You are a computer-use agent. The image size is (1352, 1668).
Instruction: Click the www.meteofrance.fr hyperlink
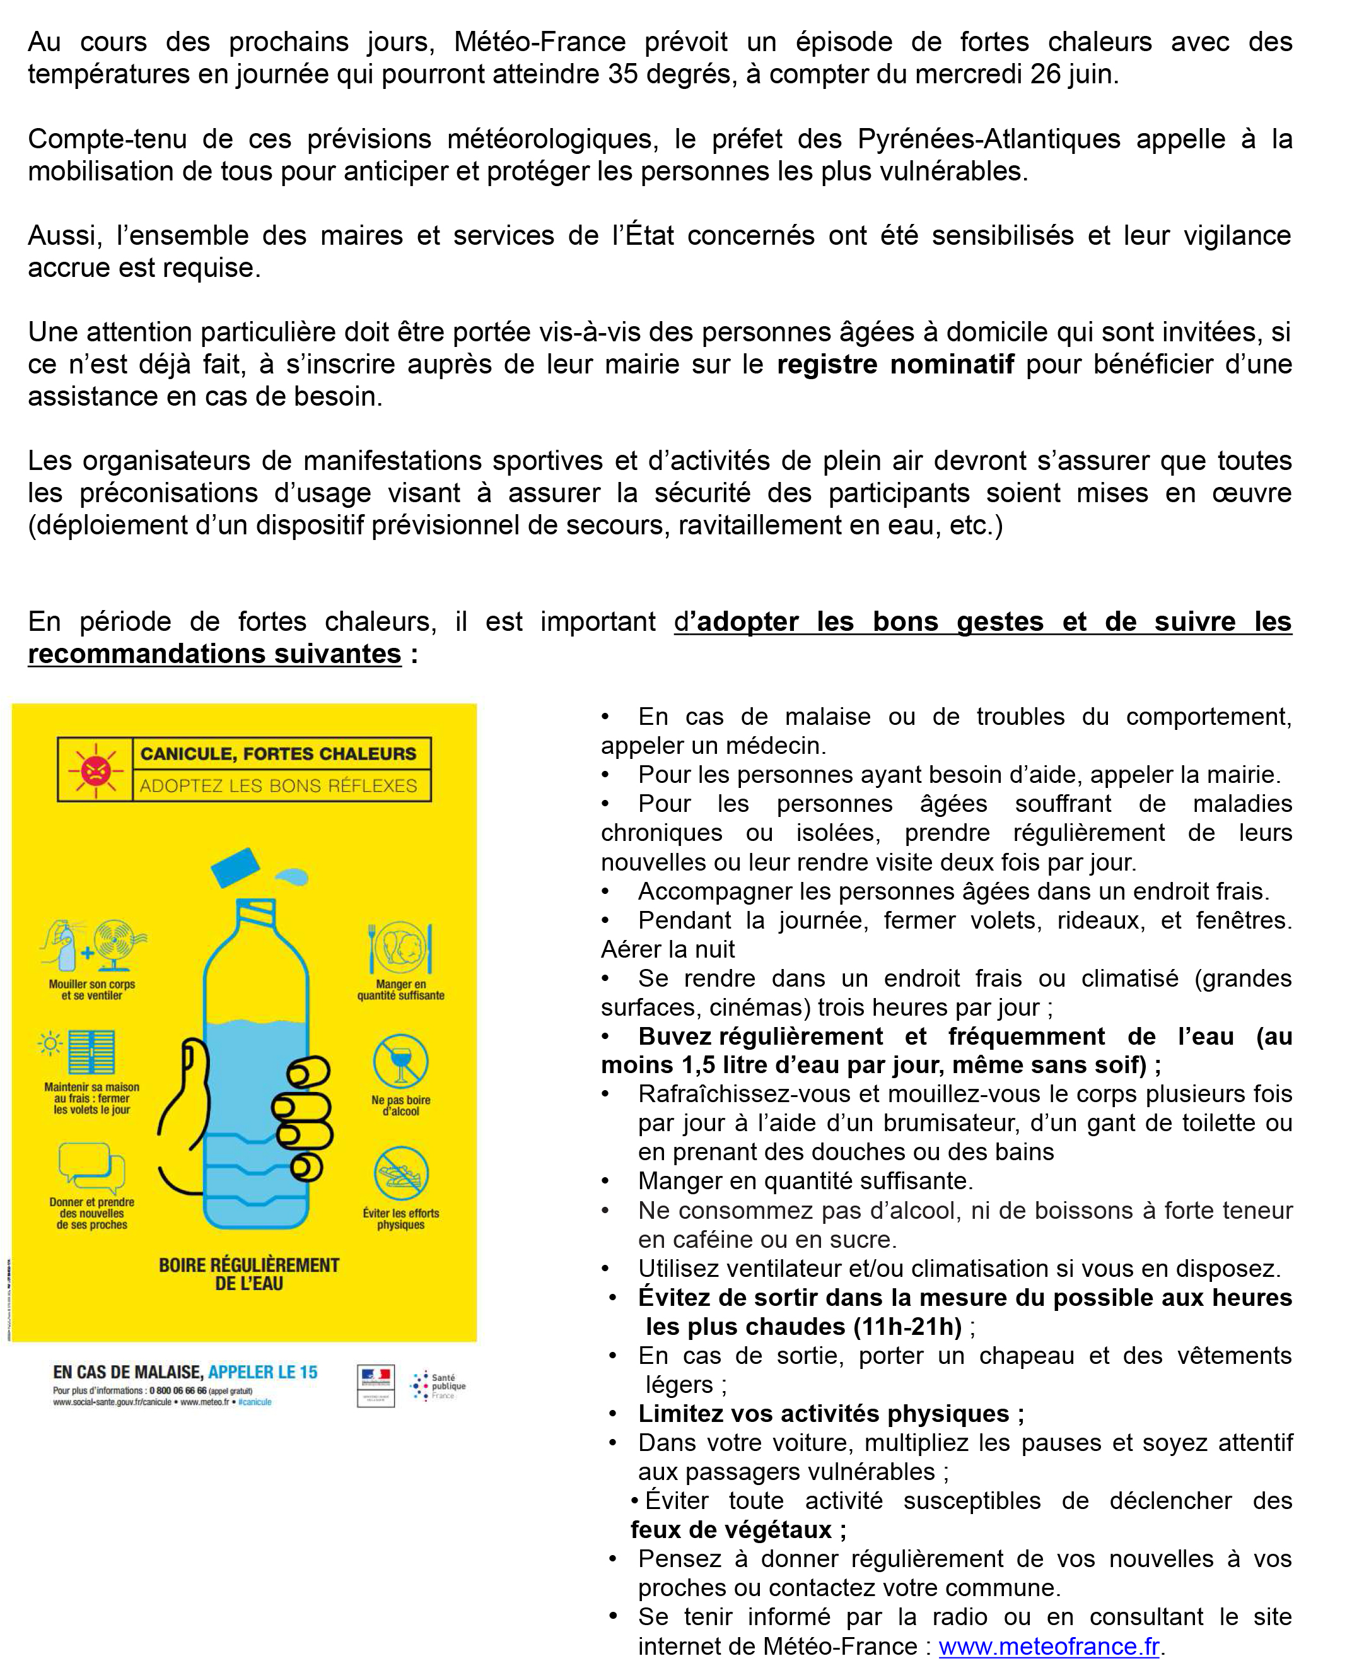1048,1645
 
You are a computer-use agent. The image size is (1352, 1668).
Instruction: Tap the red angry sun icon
95,770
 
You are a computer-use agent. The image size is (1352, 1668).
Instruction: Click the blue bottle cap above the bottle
235,867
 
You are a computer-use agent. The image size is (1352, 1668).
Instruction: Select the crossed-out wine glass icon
400,1061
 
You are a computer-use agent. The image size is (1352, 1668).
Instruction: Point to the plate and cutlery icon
400,948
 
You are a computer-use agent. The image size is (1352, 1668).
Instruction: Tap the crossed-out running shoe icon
400,1173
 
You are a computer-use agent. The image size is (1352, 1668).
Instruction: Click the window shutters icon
90,1052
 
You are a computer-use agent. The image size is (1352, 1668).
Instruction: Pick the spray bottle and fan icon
93,946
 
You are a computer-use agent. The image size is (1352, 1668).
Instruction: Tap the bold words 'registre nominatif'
895,364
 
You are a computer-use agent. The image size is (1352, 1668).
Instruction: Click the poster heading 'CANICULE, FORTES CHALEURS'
278,753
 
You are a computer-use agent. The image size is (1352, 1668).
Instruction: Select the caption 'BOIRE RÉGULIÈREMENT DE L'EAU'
248,1274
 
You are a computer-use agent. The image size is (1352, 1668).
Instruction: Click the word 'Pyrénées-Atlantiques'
988,139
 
